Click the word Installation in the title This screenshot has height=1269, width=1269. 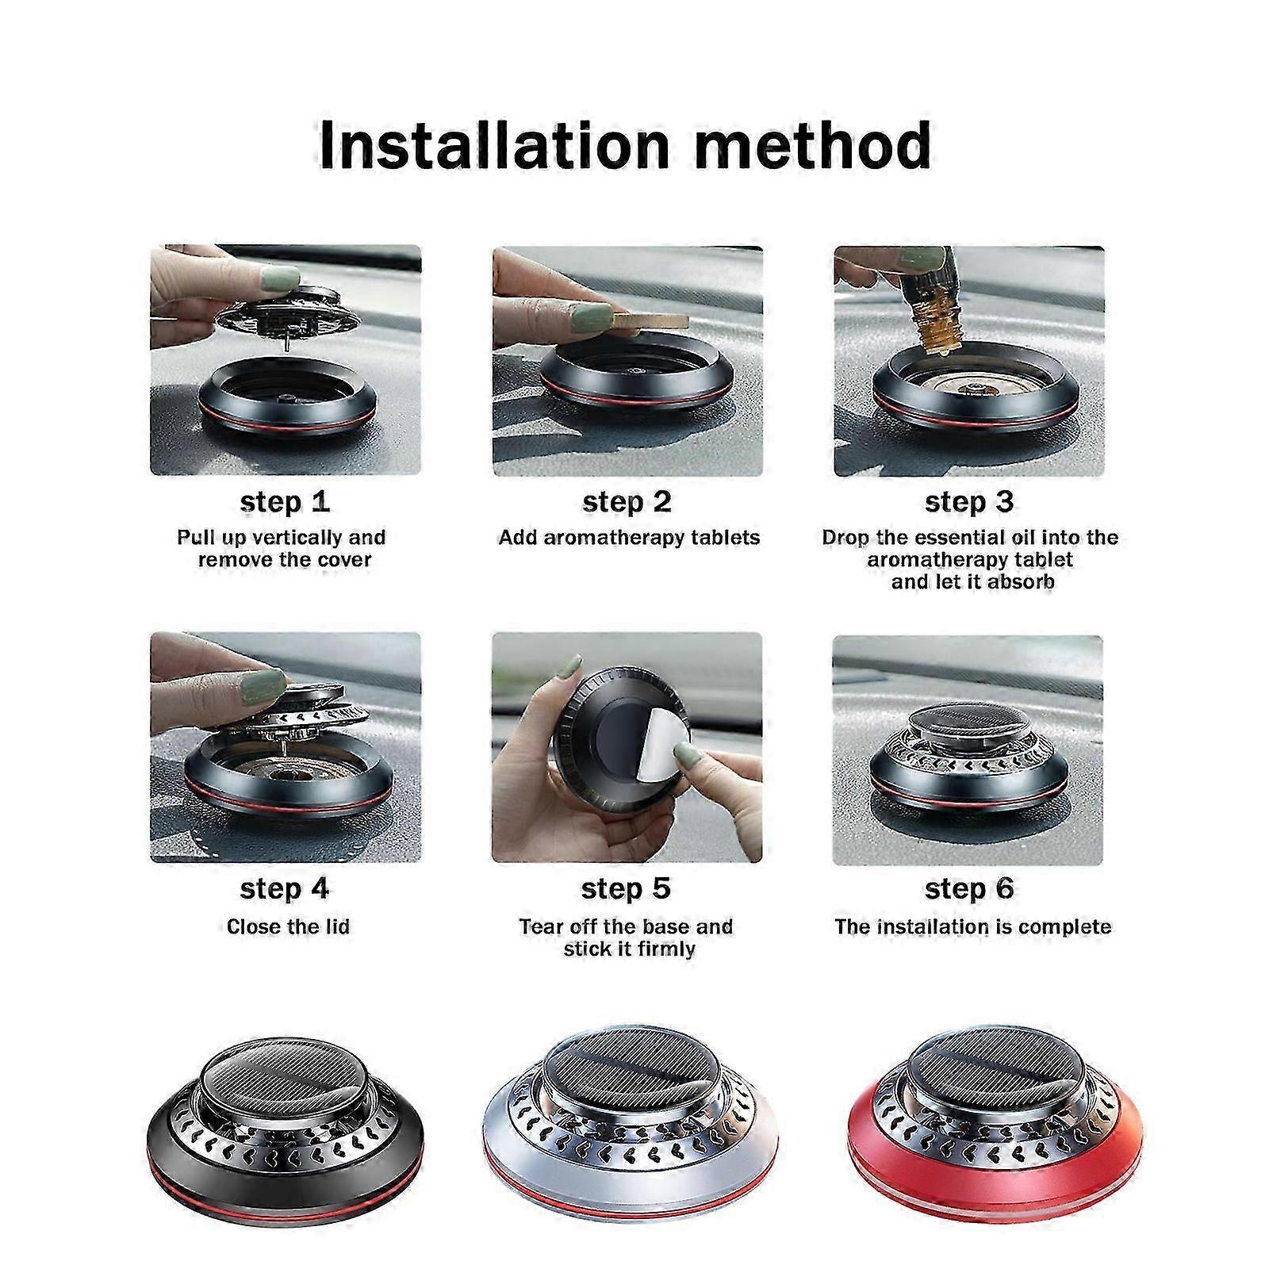tap(484, 145)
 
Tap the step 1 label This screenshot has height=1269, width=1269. tap(285, 502)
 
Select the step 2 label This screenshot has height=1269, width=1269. tap(627, 502)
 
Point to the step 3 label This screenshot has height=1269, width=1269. tap(969, 502)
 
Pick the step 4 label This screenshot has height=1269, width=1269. tap(285, 889)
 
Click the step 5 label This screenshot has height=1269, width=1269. tap(626, 889)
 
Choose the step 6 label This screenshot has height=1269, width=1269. tap(969, 889)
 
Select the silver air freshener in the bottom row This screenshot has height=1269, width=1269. tap(627, 1125)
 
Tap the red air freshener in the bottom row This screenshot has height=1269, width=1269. tap(996, 1125)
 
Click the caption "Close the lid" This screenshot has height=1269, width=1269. tap(288, 926)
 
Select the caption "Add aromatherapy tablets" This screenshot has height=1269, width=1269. tap(629, 538)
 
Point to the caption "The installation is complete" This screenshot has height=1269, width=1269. tap(973, 926)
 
